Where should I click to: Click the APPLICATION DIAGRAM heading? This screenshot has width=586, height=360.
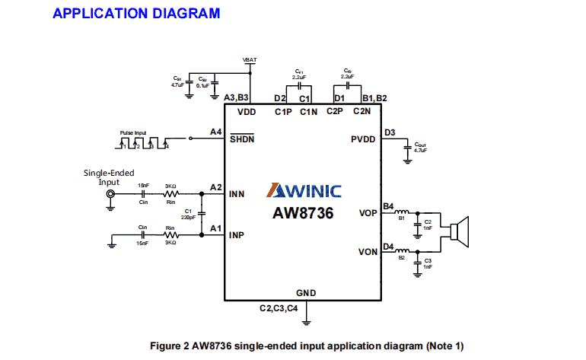[x=136, y=14]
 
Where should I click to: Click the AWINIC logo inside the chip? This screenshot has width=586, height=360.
[x=303, y=191]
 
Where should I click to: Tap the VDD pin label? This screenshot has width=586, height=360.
[x=247, y=112]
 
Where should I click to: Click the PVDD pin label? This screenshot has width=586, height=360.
[x=363, y=139]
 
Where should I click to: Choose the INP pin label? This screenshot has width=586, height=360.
[x=237, y=235]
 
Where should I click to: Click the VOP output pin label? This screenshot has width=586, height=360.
[x=368, y=213]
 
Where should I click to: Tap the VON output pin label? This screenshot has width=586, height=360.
[x=368, y=251]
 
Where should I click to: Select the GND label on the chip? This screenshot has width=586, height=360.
[x=306, y=293]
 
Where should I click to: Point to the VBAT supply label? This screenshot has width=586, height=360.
[x=250, y=59]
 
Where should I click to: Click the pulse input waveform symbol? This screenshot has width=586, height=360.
[x=144, y=142]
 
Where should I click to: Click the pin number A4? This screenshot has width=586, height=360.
[x=215, y=132]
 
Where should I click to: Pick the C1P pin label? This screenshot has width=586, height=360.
[x=283, y=112]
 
